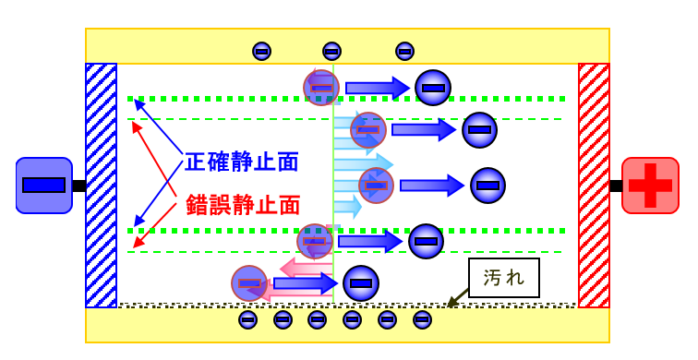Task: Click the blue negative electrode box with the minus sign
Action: pyautogui.click(x=43, y=186)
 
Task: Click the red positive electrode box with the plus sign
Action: pyautogui.click(x=650, y=186)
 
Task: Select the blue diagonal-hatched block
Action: pyautogui.click(x=102, y=185)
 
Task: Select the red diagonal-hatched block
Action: pyautogui.click(x=594, y=185)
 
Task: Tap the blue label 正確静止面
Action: pyautogui.click(x=242, y=162)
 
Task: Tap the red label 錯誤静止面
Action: pyautogui.click(x=243, y=204)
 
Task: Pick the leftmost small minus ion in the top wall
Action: pyautogui.click(x=261, y=52)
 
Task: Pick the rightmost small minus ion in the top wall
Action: pyautogui.click(x=404, y=52)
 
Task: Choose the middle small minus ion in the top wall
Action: pyautogui.click(x=331, y=52)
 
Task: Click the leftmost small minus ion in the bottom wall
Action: pyautogui.click(x=247, y=319)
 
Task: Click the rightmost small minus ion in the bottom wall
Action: pyautogui.click(x=422, y=319)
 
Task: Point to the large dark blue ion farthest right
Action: pyautogui.click(x=487, y=186)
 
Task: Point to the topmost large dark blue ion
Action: pyautogui.click(x=432, y=88)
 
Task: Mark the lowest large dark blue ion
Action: pyautogui.click(x=361, y=282)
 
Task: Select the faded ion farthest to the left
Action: pyautogui.click(x=249, y=283)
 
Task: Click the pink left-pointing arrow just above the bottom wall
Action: pyautogui.click(x=299, y=269)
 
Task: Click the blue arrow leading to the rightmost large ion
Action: pyautogui.click(x=431, y=186)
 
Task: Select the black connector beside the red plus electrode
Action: pyautogui.click(x=615, y=186)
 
